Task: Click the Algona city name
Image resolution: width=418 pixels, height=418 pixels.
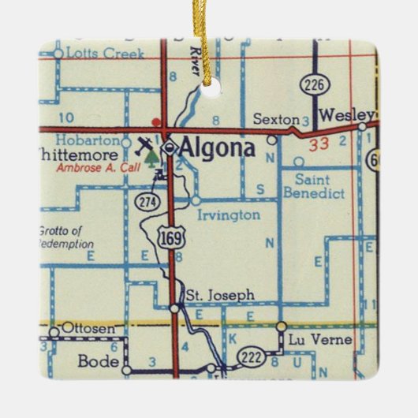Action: tap(218, 147)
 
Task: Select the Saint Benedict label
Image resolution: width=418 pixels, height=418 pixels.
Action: tap(314, 187)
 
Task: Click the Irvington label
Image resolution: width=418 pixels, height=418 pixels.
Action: tap(230, 215)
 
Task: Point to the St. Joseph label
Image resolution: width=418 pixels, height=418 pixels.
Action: tap(220, 296)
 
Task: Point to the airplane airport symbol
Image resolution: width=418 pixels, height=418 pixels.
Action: tap(145, 145)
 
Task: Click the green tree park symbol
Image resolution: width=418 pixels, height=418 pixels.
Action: tap(151, 159)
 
